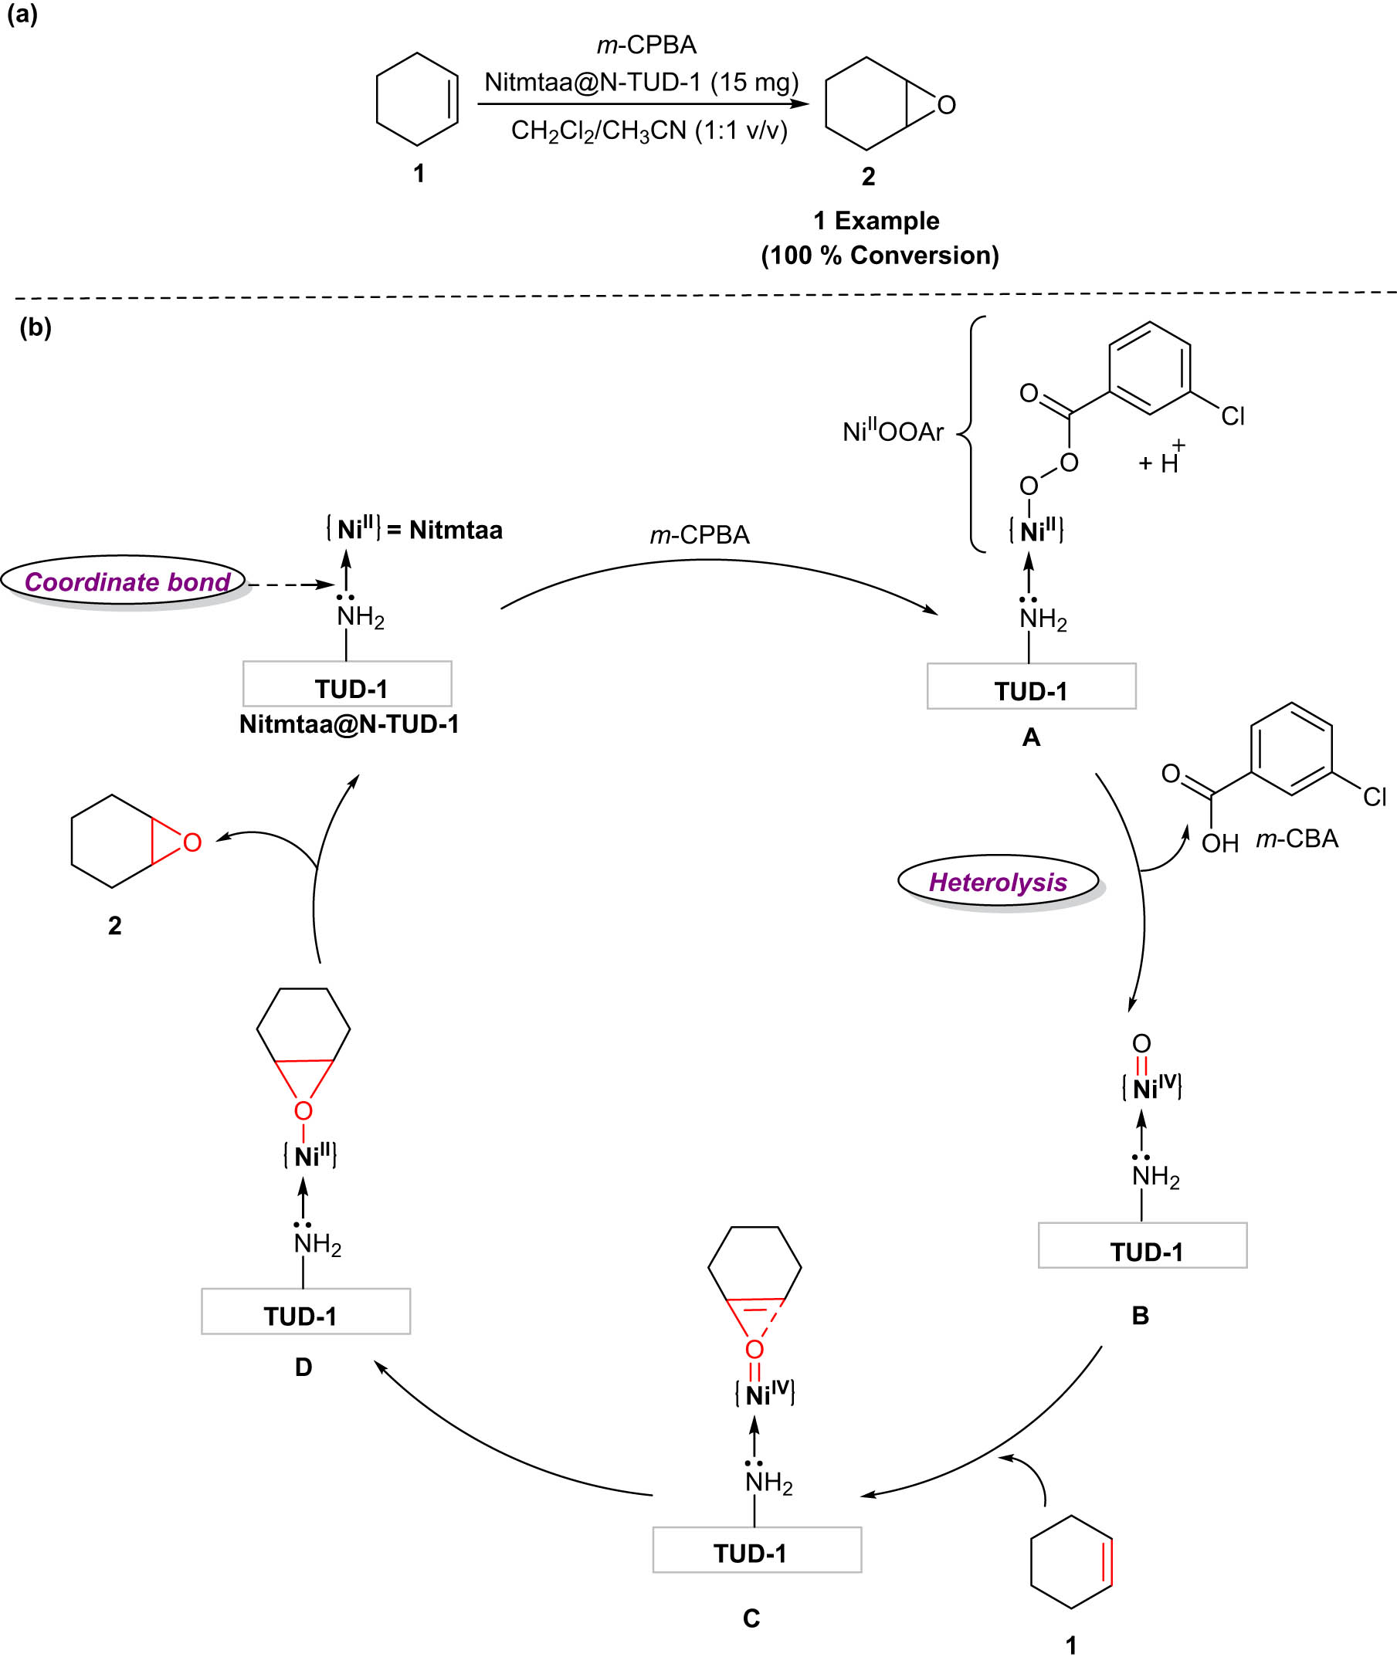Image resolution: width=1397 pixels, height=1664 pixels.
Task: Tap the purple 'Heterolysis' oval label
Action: point(998,882)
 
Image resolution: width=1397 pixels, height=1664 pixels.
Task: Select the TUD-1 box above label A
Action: point(1031,686)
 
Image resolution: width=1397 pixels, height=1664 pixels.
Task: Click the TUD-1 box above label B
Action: point(1143,1245)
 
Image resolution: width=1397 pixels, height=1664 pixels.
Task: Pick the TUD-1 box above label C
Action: point(757,1550)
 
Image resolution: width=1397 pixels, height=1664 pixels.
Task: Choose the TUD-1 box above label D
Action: point(305,1311)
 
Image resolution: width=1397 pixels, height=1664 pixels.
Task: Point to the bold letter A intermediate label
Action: point(1031,737)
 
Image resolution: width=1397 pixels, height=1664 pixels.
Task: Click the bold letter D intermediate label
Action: point(303,1367)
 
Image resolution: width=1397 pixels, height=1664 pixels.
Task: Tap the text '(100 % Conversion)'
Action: point(880,255)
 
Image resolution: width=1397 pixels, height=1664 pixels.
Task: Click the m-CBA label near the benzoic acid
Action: point(1297,839)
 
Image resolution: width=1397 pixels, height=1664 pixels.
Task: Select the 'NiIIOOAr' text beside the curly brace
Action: point(893,432)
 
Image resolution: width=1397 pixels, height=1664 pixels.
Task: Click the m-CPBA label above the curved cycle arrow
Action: point(700,536)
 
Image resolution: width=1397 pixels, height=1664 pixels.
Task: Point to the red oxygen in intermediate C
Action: point(754,1350)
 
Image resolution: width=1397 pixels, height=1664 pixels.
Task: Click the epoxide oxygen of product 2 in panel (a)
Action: point(946,105)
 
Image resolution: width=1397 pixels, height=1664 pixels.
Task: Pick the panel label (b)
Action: point(36,327)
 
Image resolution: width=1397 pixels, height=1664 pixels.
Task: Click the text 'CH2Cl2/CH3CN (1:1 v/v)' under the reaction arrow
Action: point(649,130)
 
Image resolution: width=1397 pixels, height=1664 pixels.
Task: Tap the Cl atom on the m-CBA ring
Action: point(1375,796)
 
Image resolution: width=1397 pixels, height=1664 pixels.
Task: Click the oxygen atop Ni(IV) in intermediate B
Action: point(1141,1043)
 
